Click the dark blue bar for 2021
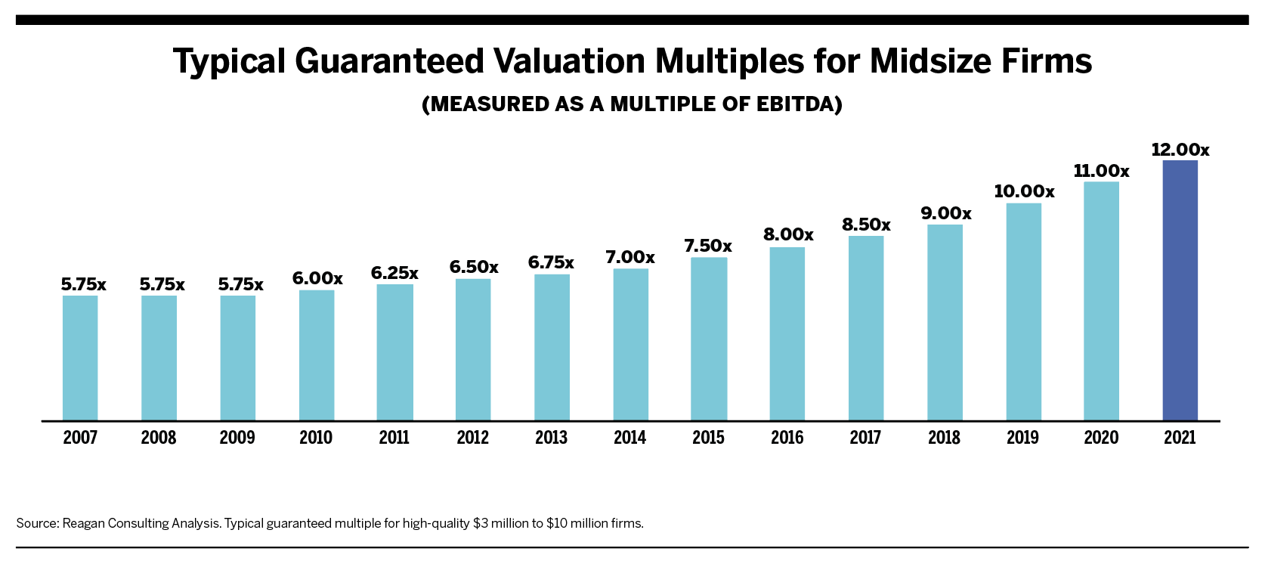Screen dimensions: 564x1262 (1180, 290)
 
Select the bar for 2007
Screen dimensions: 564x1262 (80, 358)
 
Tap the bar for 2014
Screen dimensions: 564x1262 (630, 345)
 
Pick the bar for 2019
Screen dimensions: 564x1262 (1023, 311)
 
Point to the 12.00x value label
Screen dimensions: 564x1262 (1180, 150)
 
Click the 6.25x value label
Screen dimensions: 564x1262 (394, 273)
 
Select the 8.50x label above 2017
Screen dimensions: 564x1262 (866, 225)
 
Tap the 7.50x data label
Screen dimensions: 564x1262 (708, 246)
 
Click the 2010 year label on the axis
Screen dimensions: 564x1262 (316, 438)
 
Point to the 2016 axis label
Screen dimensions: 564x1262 (787, 438)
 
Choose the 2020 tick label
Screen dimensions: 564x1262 (1101, 438)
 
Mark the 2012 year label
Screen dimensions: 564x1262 (473, 438)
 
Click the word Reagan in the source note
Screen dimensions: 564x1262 (84, 523)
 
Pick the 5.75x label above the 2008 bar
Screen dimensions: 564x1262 (162, 284)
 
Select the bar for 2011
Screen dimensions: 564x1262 (394, 352)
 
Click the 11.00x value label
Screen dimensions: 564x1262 (1101, 171)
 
